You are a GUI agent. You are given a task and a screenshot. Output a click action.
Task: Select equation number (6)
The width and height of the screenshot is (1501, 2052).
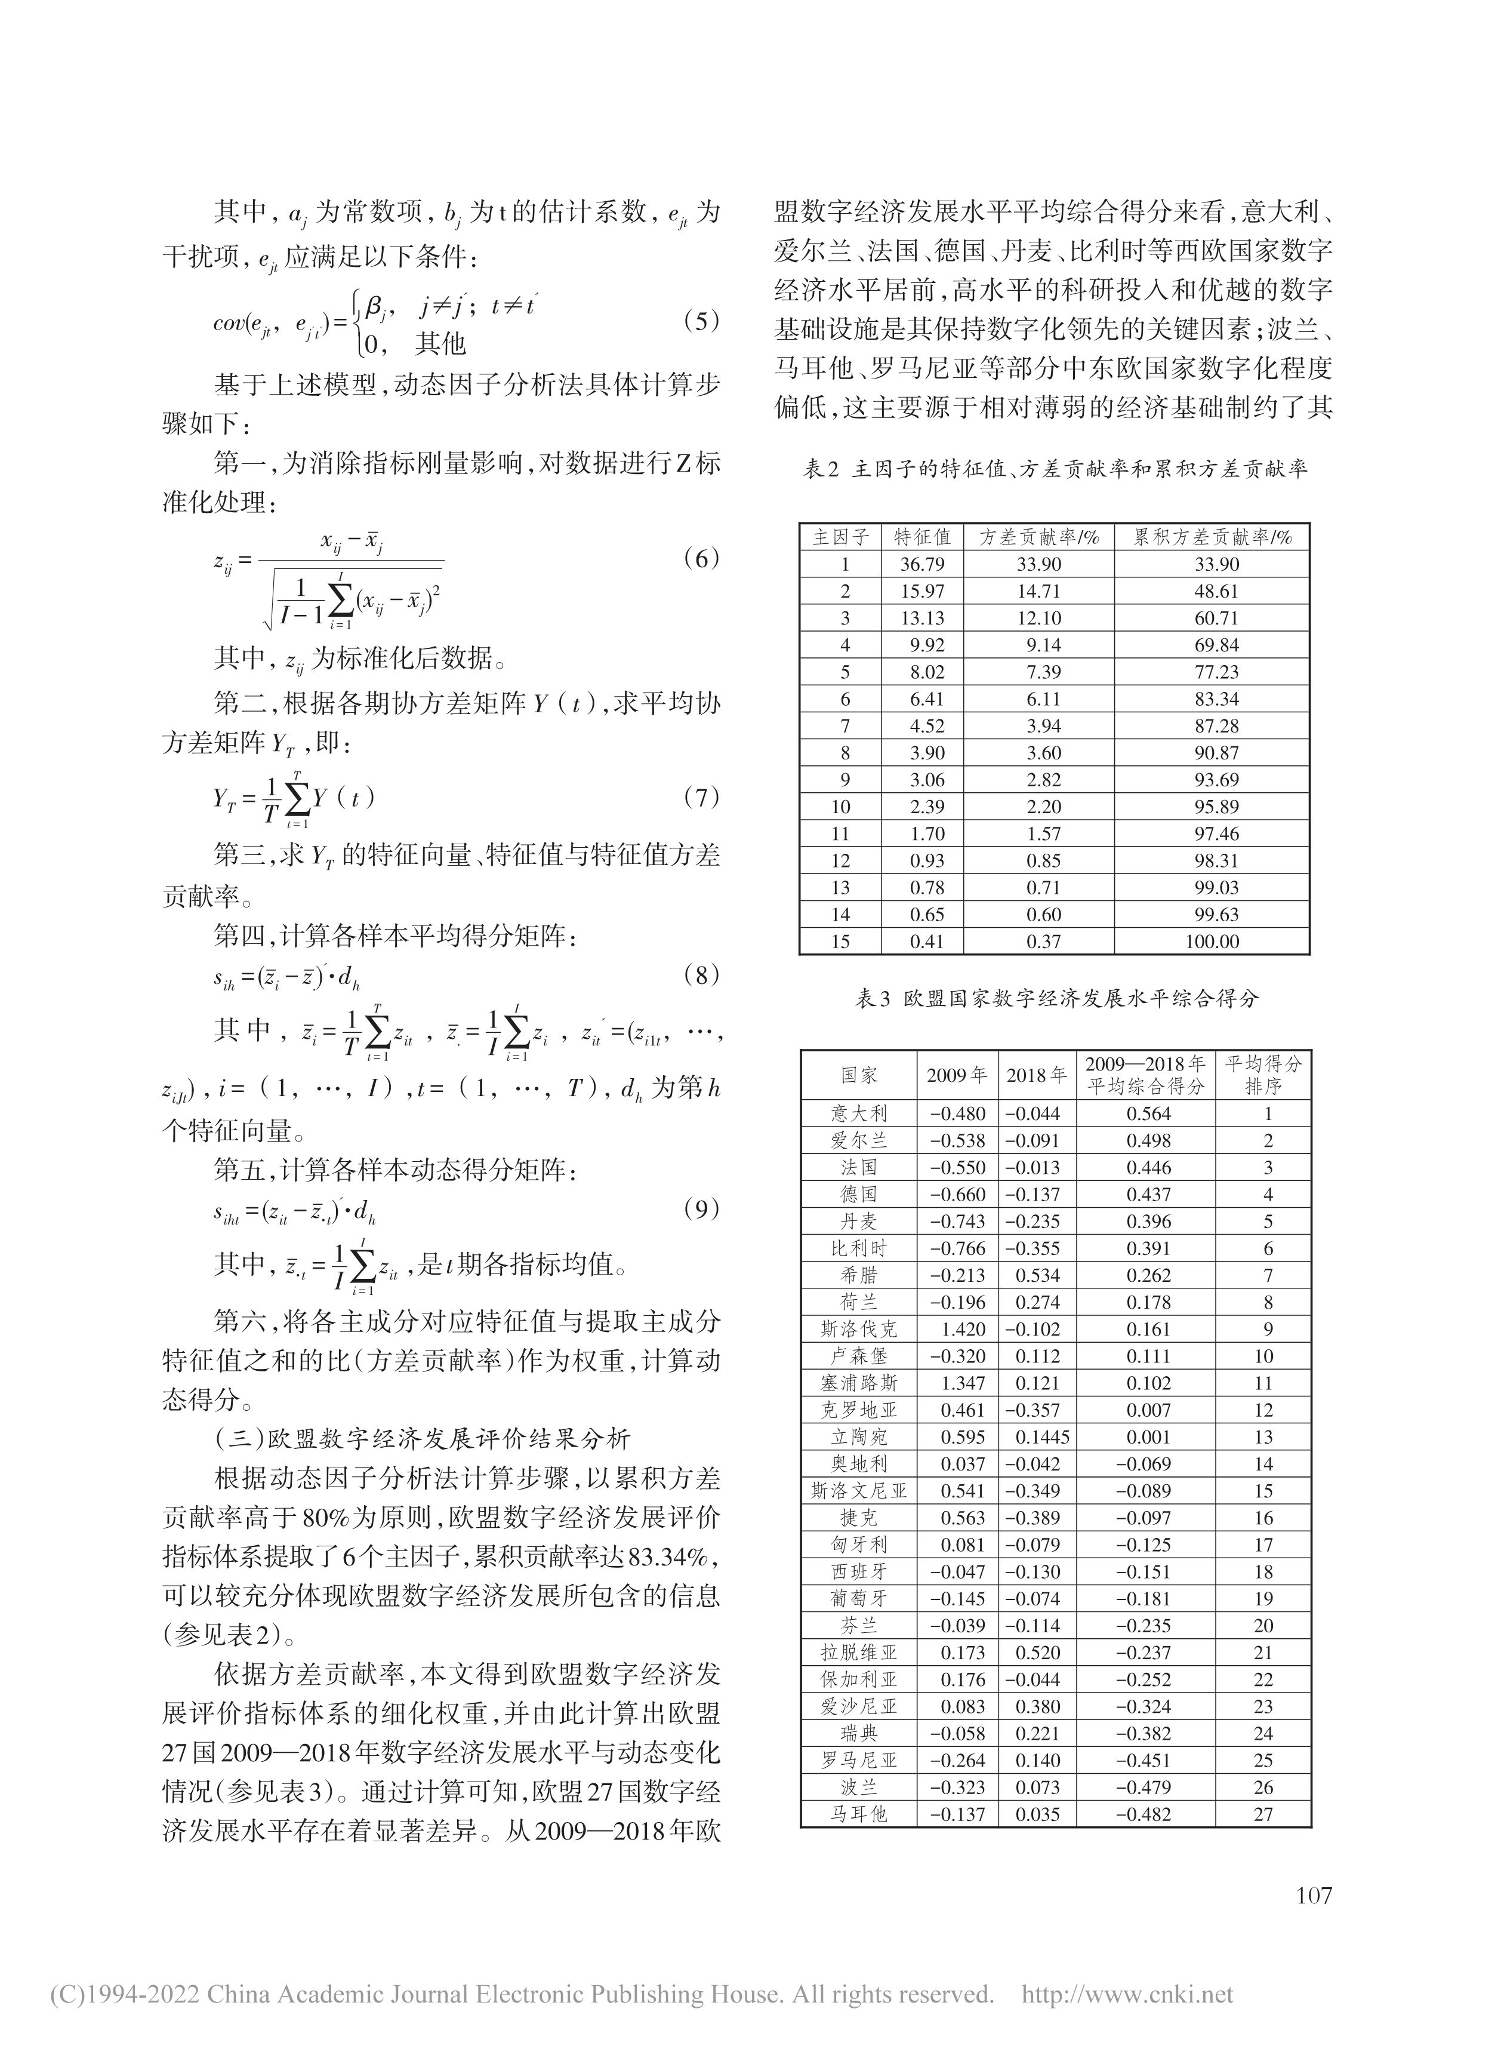(x=701, y=558)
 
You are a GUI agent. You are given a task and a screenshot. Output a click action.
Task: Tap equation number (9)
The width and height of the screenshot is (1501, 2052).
(x=701, y=1208)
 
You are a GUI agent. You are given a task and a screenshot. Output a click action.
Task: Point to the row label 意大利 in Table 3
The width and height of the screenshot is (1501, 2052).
(x=859, y=1113)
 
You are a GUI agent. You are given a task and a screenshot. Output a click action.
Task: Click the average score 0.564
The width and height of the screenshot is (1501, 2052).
(x=1149, y=1113)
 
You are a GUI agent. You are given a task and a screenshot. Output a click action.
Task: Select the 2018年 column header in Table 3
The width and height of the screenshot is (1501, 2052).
(x=1037, y=1075)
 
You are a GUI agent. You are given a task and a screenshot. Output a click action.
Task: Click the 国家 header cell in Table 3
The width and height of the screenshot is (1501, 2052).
(x=859, y=1075)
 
